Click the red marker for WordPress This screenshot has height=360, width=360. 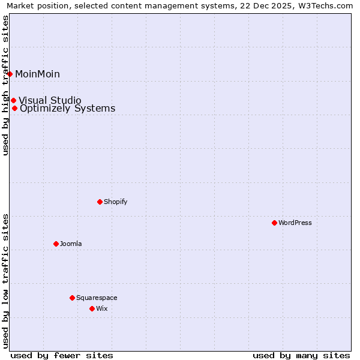[x=274, y=223]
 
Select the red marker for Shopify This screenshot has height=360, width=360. [x=100, y=202]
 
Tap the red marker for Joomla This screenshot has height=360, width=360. [x=56, y=244]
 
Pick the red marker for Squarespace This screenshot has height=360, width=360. [x=72, y=298]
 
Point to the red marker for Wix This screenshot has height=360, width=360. [x=92, y=308]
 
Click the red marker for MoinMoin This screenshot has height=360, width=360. [x=10, y=74]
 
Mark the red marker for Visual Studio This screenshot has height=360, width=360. [x=13, y=100]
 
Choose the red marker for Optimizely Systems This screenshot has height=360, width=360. [x=14, y=109]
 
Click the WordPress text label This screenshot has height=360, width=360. [x=295, y=223]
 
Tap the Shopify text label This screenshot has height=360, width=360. [x=116, y=202]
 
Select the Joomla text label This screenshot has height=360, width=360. [x=71, y=244]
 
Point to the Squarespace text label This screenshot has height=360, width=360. [x=97, y=298]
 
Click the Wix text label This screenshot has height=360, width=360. [x=102, y=308]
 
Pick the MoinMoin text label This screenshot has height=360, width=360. [x=37, y=74]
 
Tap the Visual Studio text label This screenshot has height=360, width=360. [x=50, y=100]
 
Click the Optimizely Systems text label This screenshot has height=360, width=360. [x=67, y=109]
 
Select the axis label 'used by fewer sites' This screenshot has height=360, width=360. [x=62, y=355]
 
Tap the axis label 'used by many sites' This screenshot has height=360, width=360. [x=301, y=355]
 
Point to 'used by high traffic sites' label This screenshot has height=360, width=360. [x=5, y=85]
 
